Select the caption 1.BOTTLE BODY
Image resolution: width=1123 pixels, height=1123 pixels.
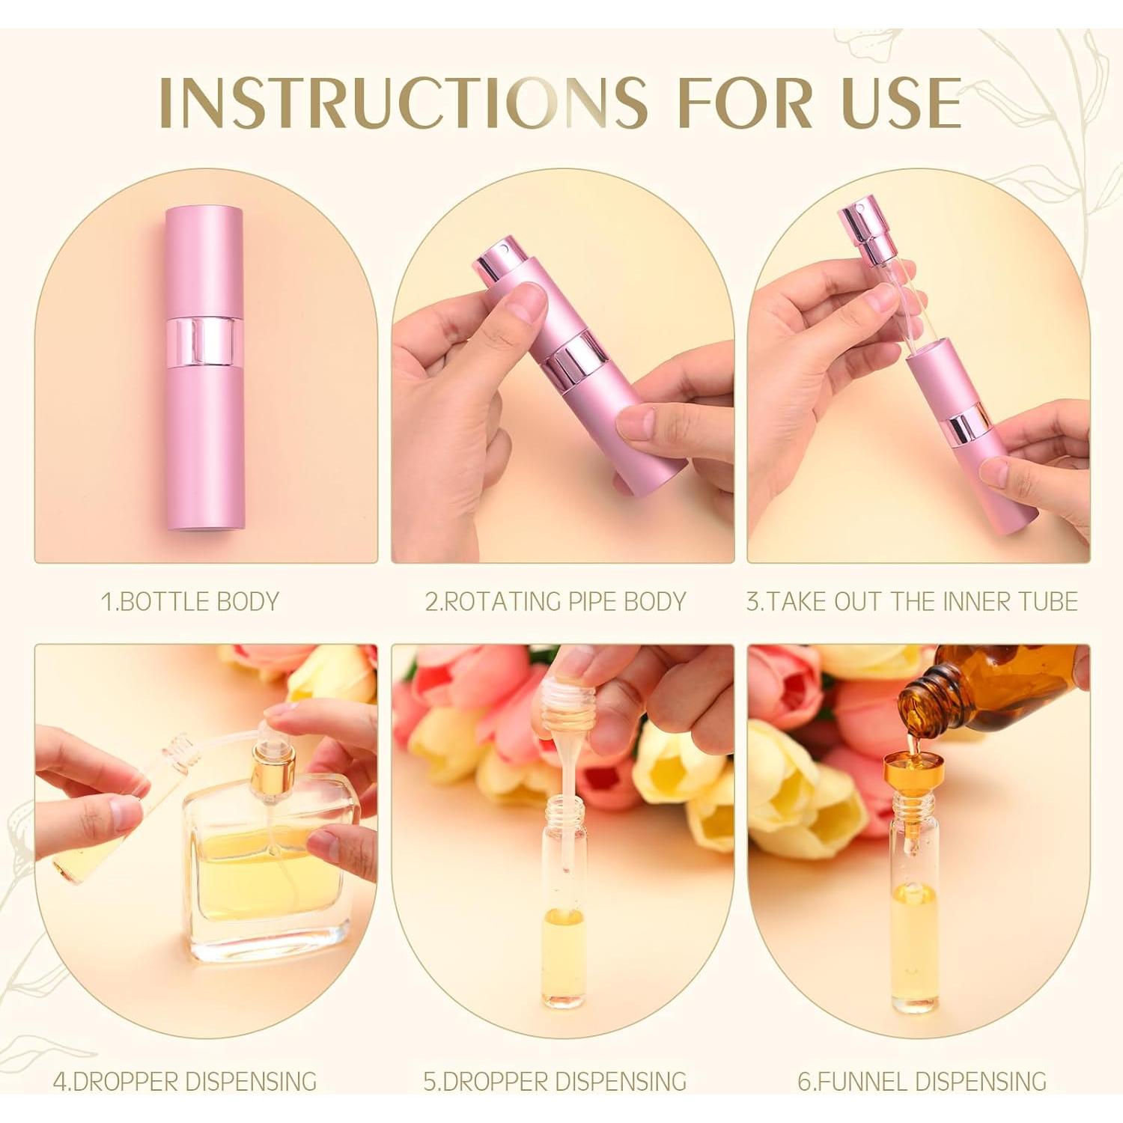[x=190, y=601]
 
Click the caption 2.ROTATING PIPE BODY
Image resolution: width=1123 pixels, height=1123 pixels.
[x=556, y=601]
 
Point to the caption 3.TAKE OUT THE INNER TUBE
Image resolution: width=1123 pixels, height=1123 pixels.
[x=912, y=601]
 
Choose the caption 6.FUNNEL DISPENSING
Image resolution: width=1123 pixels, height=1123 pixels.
[x=922, y=1081]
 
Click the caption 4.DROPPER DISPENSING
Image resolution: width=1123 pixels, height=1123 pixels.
[x=185, y=1081]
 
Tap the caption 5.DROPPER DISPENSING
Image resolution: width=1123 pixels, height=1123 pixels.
[x=555, y=1081]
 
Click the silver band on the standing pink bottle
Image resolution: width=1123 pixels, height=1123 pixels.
[x=204, y=341]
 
